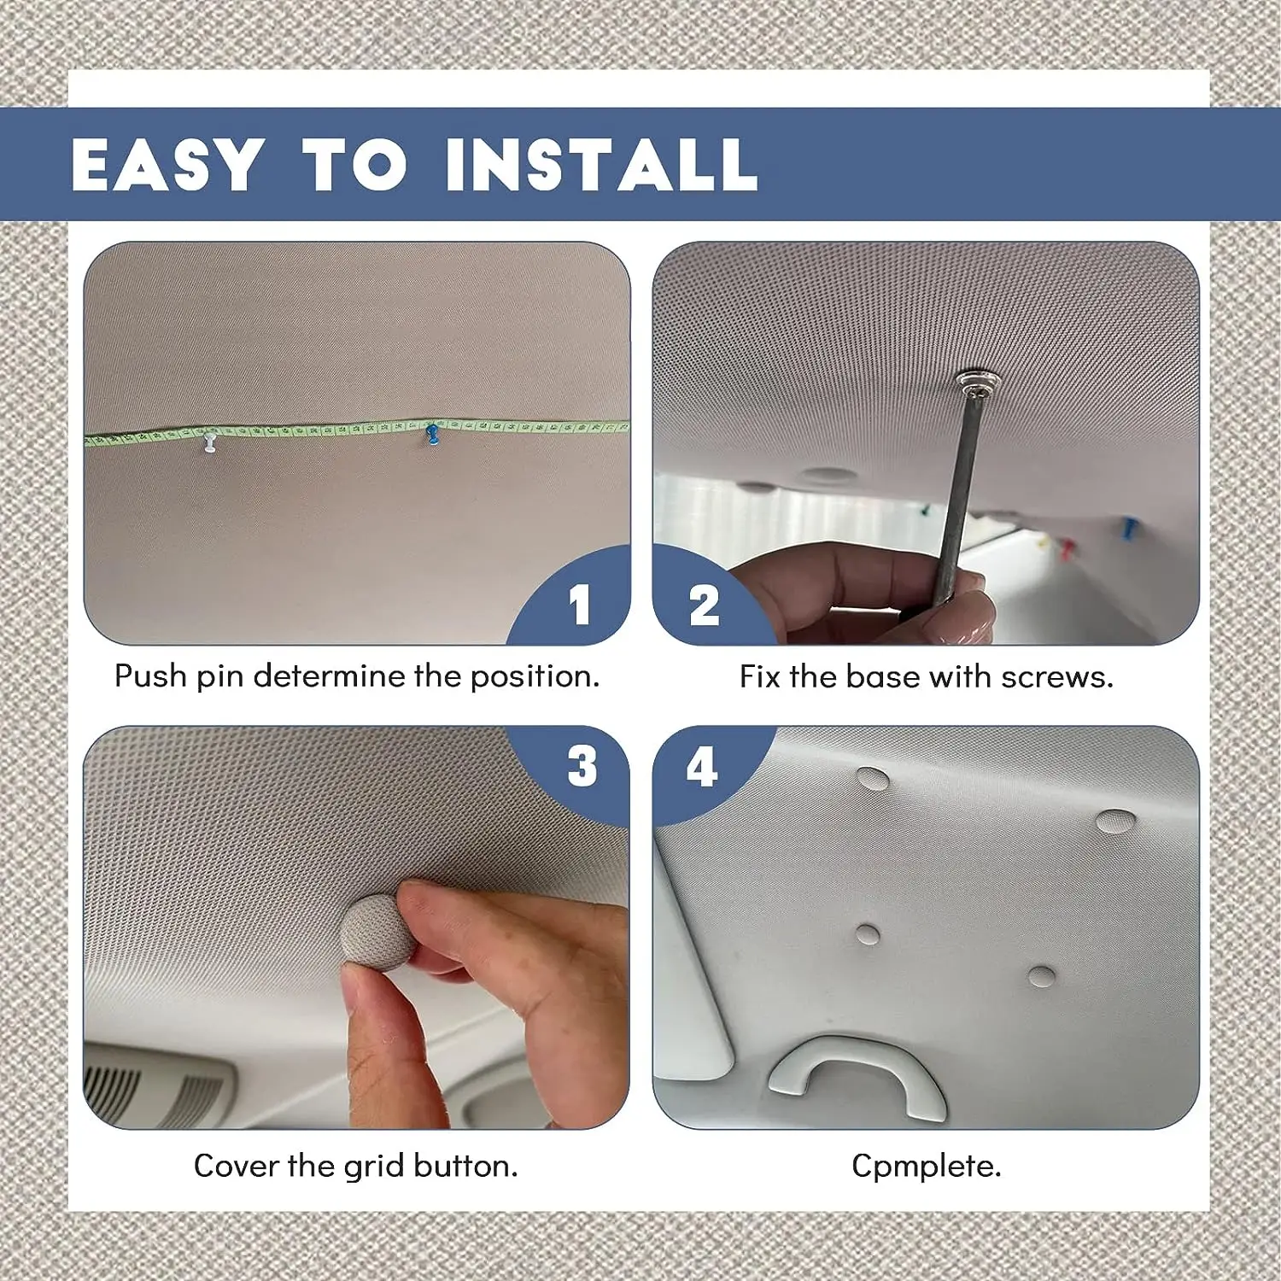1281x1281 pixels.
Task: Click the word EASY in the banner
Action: [x=167, y=164]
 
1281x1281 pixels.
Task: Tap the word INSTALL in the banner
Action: [x=601, y=164]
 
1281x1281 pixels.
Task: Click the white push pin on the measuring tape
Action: [x=210, y=442]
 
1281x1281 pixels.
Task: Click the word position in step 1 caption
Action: [x=535, y=676]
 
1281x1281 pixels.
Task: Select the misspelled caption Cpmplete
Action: [x=927, y=1167]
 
